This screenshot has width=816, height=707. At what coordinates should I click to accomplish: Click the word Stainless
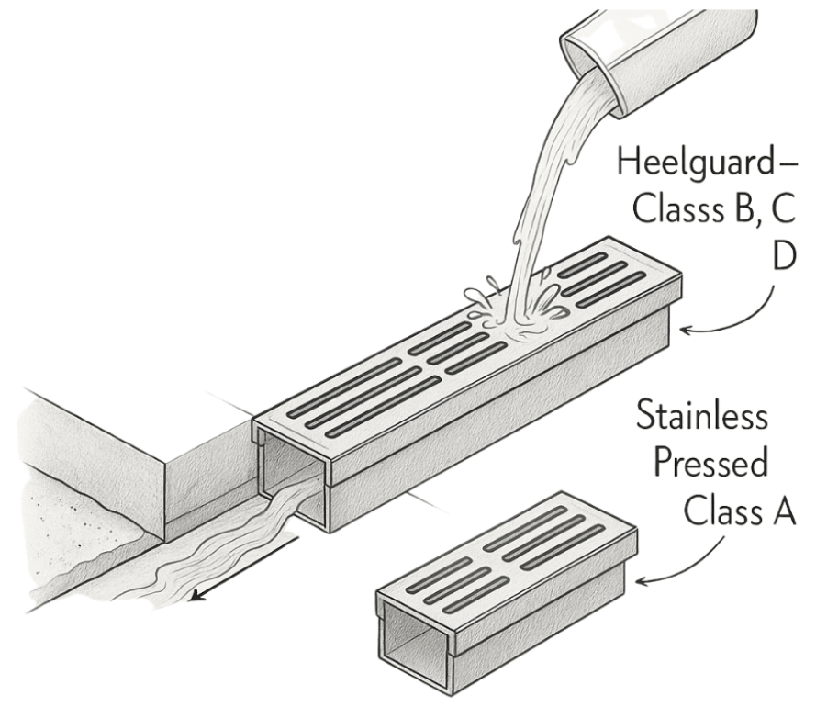click(702, 418)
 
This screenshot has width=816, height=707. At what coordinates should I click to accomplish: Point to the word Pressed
click(710, 464)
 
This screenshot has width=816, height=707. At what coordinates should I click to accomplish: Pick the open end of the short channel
click(413, 643)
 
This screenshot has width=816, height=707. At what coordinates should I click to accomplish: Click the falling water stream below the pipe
click(542, 211)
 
